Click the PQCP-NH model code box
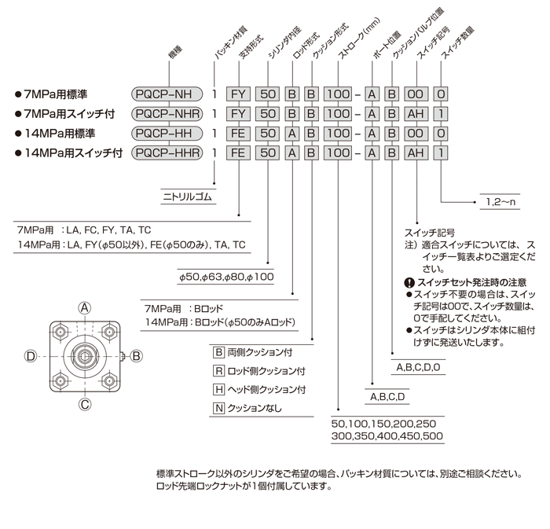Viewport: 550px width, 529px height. click(167, 93)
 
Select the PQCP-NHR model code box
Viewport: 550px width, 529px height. click(167, 113)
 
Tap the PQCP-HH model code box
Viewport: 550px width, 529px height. click(167, 134)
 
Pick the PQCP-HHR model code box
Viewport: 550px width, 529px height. click(167, 154)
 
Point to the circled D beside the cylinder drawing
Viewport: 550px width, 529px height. click(31, 356)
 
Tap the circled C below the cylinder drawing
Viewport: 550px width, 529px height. click(85, 405)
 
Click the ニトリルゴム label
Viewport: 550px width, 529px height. click(187, 198)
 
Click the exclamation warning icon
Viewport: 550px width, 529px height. click(408, 281)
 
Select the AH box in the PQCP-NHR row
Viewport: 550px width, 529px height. click(414, 113)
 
